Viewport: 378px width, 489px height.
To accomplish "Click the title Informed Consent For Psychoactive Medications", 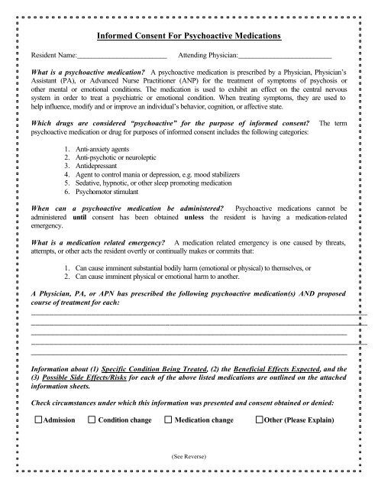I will pos(189,36).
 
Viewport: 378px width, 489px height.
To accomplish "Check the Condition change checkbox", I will pos(92,421).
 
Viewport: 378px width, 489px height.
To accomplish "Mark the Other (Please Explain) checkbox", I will pos(260,421).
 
